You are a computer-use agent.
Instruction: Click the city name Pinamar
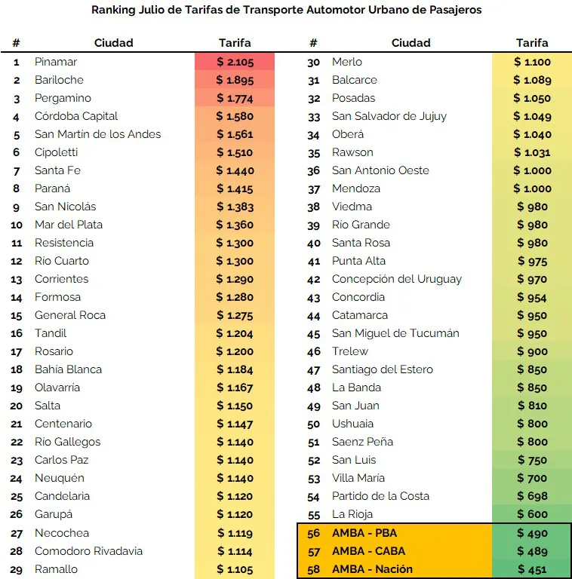(56, 62)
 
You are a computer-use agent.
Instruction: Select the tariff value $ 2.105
(235, 62)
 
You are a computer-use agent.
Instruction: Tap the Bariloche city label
(59, 80)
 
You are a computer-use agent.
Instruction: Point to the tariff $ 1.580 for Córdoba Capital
(235, 116)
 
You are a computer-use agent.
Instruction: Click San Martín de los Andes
(97, 134)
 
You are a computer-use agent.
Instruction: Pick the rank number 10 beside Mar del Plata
(17, 225)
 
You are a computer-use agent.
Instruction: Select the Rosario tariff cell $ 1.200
(235, 351)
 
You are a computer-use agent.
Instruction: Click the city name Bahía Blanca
(68, 369)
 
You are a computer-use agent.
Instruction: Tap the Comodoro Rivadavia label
(89, 551)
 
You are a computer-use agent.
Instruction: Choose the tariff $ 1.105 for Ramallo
(235, 569)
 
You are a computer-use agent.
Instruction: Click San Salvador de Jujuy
(389, 116)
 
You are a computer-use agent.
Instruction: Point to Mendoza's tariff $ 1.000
(532, 188)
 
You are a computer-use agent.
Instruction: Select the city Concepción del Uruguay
(397, 279)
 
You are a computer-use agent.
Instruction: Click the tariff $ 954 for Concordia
(532, 297)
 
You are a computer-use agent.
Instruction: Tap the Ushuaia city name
(353, 424)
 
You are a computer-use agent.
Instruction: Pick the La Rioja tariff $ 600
(532, 514)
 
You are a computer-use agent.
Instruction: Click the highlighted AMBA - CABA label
(368, 551)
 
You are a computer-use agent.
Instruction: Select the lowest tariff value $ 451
(532, 569)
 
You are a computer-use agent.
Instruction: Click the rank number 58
(314, 569)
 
